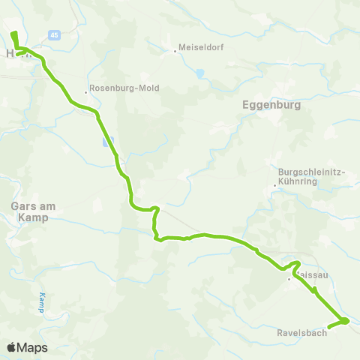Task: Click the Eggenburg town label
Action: pos(272,106)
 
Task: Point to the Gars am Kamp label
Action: pos(30,211)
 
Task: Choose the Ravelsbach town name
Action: pos(302,333)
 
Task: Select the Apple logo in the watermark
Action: pos(12,347)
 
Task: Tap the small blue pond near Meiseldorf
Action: pos(199,73)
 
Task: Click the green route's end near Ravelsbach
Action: pos(331,328)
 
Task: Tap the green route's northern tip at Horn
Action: pos(13,34)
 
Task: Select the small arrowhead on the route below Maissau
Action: pos(315,289)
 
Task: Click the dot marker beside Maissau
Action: pos(289,280)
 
